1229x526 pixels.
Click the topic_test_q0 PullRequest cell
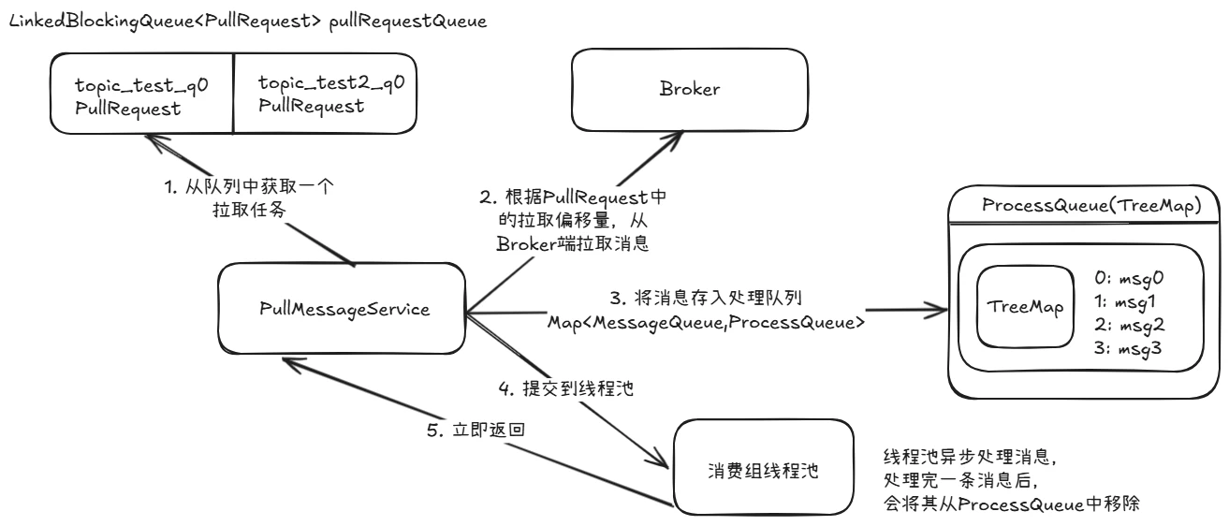tap(140, 95)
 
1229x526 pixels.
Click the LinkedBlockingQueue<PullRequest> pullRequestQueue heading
tap(247, 22)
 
